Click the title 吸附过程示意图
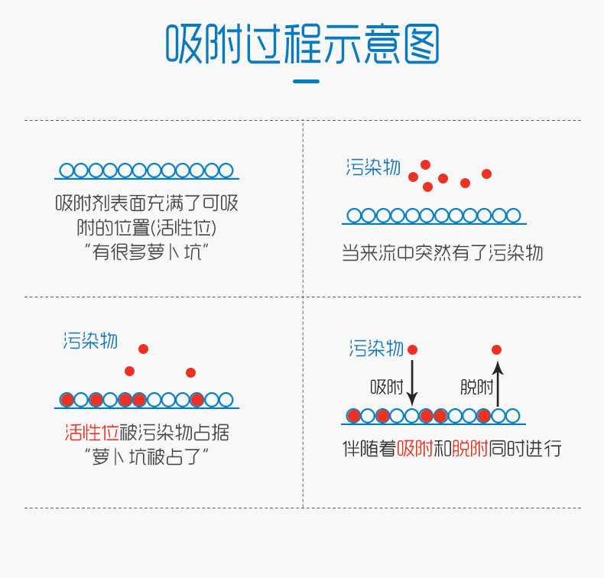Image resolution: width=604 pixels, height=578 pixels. click(x=302, y=44)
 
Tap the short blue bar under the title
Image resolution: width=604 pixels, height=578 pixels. click(x=306, y=81)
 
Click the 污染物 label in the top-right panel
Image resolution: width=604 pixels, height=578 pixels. click(x=373, y=167)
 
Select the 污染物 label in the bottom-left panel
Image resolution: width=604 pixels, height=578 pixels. click(x=90, y=340)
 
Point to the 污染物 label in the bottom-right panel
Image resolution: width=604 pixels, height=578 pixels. click(x=376, y=349)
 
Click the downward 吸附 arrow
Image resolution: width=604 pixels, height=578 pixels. click(x=413, y=382)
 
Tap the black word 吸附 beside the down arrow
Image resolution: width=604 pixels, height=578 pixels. click(x=387, y=387)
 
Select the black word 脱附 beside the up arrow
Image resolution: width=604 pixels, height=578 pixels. click(x=476, y=387)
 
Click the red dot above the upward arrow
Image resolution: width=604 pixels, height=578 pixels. click(x=497, y=349)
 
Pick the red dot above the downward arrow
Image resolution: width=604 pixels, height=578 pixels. click(x=413, y=349)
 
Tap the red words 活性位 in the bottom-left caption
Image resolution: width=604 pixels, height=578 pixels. click(x=92, y=433)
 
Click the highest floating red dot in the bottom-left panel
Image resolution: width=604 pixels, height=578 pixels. click(x=143, y=349)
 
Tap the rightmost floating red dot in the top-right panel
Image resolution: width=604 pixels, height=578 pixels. click(x=486, y=174)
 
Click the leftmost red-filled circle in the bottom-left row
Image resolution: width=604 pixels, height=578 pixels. click(x=67, y=400)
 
